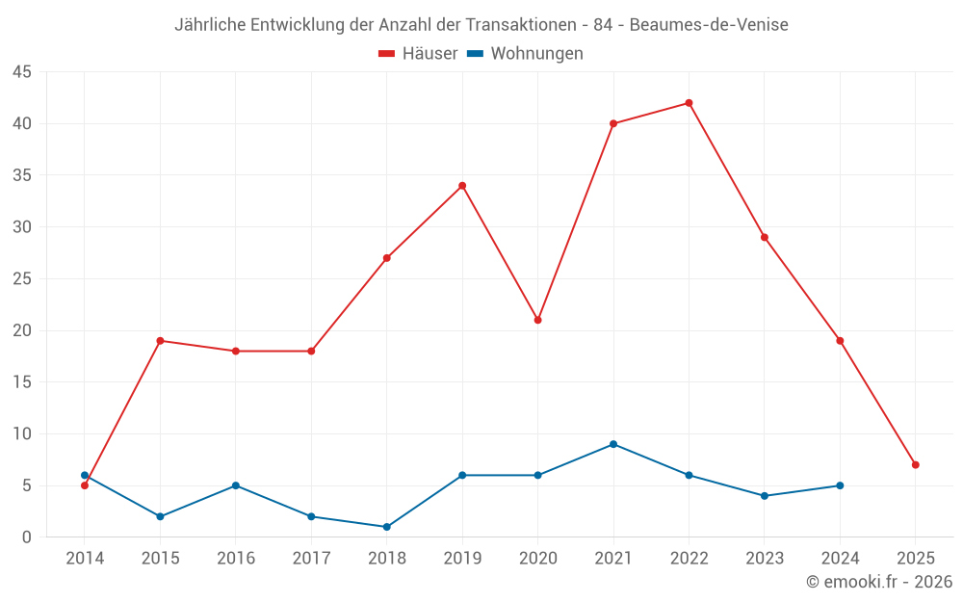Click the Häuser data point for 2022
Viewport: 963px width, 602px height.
pyautogui.click(x=689, y=103)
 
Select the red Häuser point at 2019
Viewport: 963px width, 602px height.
pyautogui.click(x=462, y=186)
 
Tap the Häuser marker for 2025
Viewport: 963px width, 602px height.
pyautogui.click(x=915, y=465)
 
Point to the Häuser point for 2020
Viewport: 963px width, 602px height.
pyautogui.click(x=537, y=320)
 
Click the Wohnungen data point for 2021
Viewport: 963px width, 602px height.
pyautogui.click(x=613, y=444)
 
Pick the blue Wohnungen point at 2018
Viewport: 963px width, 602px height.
pyautogui.click(x=386, y=527)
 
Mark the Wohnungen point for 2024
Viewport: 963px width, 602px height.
pyautogui.click(x=840, y=485)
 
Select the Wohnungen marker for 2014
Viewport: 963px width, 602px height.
pyautogui.click(x=85, y=475)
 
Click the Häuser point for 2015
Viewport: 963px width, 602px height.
pyautogui.click(x=160, y=341)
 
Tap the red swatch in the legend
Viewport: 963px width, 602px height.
pyautogui.click(x=387, y=54)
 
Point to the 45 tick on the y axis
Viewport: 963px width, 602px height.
pyautogui.click(x=21, y=72)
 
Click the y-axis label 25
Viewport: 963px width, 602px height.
pyautogui.click(x=21, y=279)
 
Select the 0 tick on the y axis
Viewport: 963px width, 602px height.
pyautogui.click(x=26, y=537)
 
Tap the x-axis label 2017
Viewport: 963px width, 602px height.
pyautogui.click(x=311, y=559)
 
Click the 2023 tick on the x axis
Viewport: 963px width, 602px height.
pyautogui.click(x=765, y=559)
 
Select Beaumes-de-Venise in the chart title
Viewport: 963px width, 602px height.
pyautogui.click(x=709, y=25)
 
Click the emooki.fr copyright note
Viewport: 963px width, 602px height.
pyautogui.click(x=879, y=582)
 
